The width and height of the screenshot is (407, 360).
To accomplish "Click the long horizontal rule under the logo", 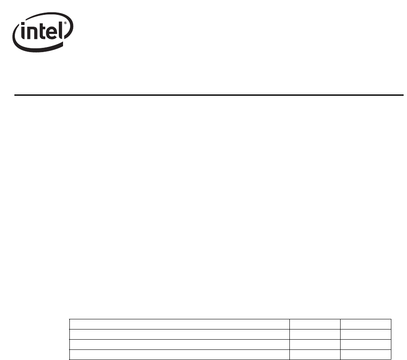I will [209, 95].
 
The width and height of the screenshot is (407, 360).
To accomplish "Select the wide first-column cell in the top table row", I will [179, 324].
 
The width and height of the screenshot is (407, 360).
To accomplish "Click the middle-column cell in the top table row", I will [315, 324].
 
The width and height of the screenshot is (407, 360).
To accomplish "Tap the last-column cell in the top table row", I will [366, 324].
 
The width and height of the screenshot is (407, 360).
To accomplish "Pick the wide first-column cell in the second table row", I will [179, 334].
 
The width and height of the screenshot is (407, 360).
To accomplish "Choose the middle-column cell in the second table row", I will [315, 334].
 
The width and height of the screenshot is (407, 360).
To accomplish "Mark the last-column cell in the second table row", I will [366, 334].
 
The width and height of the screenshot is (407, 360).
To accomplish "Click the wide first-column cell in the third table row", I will [179, 344].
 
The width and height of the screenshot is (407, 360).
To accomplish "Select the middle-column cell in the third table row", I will [315, 344].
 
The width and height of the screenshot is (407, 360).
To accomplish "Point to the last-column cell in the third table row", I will [366, 344].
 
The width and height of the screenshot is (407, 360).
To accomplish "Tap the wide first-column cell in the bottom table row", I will [179, 354].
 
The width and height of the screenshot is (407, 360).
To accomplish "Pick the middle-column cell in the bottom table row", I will [315, 354].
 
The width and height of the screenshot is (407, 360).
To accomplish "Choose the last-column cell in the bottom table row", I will [366, 354].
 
